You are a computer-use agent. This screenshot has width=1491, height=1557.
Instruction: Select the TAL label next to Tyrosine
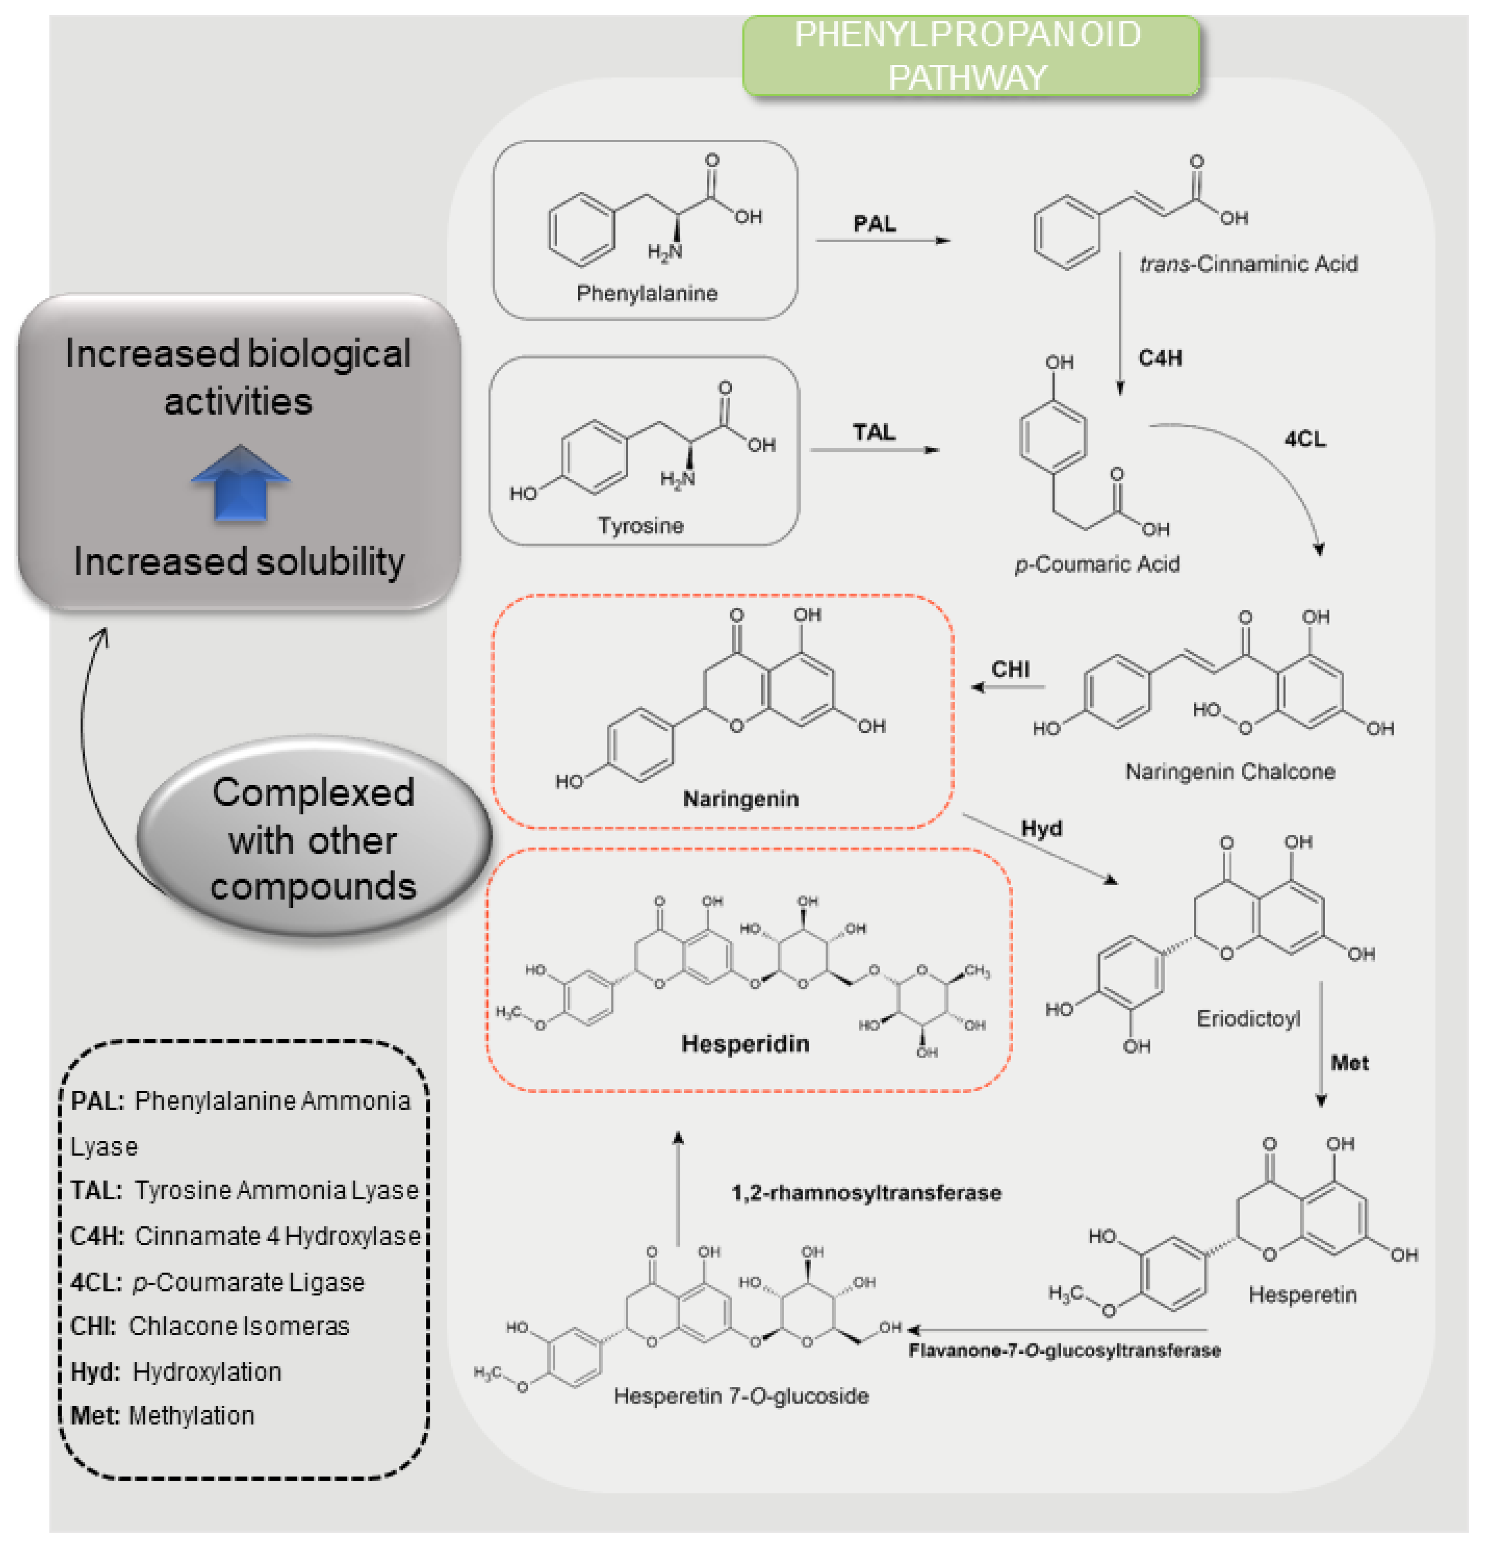(874, 433)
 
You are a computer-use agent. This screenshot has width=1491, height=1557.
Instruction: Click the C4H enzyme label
(1160, 358)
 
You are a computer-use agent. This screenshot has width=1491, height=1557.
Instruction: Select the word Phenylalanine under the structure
(647, 294)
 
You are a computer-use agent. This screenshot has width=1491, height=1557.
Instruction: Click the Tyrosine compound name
(640, 526)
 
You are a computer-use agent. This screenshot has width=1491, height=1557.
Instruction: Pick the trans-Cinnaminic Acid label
(1248, 264)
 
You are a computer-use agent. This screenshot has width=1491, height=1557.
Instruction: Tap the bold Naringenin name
(741, 799)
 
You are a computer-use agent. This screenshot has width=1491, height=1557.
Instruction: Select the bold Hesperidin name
(745, 1044)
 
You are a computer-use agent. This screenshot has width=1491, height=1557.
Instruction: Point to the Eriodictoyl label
(1248, 1019)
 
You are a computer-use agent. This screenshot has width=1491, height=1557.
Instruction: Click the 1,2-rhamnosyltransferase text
(866, 1193)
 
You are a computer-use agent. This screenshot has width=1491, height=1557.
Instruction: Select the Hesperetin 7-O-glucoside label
(741, 1396)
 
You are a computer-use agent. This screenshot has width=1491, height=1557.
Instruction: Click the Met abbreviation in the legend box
(95, 1416)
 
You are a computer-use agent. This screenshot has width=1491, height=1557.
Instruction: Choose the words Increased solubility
(239, 561)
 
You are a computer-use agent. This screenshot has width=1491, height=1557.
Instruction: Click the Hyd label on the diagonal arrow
(1041, 829)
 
